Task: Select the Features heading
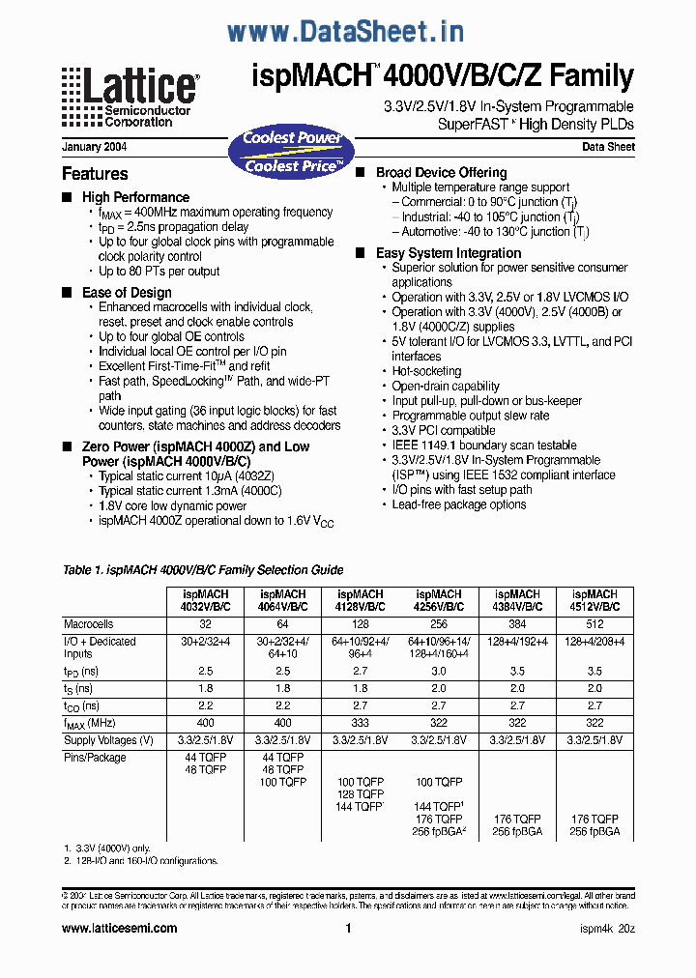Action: point(95,174)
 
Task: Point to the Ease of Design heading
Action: point(127,293)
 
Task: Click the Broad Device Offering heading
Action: point(441,173)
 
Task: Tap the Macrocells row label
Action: point(89,624)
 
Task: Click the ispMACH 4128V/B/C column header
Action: point(361,600)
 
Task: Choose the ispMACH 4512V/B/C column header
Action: point(594,600)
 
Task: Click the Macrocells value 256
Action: point(439,624)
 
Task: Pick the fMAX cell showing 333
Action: point(361,723)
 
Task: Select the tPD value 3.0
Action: point(439,670)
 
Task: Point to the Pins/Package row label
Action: point(95,758)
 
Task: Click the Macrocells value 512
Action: point(594,624)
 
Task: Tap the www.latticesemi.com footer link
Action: point(119,929)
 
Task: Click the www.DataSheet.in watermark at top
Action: point(345,32)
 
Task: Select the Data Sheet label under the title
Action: point(608,148)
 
